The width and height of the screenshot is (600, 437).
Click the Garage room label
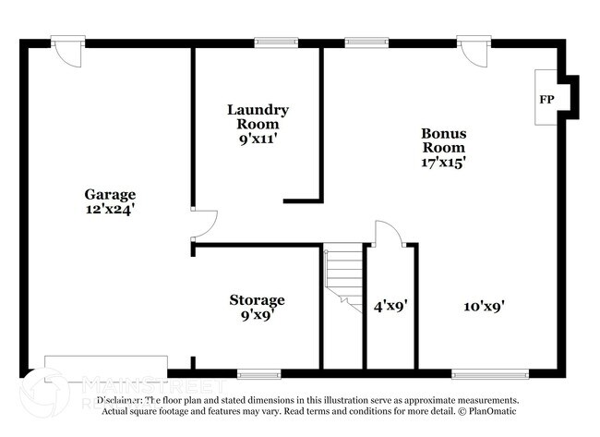[x=110, y=194]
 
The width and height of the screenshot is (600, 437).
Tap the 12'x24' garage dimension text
[x=110, y=209]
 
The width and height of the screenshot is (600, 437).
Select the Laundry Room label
[x=258, y=116]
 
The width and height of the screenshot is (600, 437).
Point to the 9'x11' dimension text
[x=258, y=140]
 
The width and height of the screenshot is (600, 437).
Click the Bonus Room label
[x=443, y=140]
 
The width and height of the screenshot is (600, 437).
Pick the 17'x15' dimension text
[x=443, y=162]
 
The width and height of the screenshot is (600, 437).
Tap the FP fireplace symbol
[x=546, y=98]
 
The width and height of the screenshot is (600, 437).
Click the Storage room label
[x=257, y=300]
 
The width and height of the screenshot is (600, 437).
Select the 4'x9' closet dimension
[x=390, y=305]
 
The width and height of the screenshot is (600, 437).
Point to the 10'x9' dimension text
[x=484, y=305]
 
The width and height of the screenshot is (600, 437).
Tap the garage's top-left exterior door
[x=68, y=50]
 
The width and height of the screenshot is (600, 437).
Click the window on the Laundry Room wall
[x=276, y=42]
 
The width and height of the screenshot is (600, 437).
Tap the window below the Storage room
[x=258, y=374]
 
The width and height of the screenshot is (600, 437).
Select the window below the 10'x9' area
[x=490, y=374]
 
